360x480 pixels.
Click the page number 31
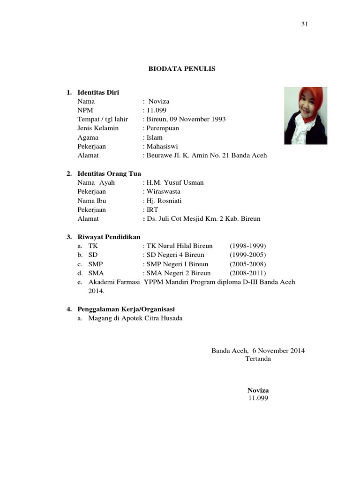click(304, 25)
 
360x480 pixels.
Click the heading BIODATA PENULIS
click(182, 69)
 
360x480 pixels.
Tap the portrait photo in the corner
click(306, 115)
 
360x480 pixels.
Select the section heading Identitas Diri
click(98, 92)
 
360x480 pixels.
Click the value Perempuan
click(162, 128)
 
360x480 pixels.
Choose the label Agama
click(88, 137)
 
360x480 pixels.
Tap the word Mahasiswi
click(162, 146)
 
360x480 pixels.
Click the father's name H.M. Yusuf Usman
click(174, 182)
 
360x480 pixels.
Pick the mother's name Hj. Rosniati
click(164, 201)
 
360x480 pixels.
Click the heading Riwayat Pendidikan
click(109, 237)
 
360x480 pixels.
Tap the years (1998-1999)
click(247, 246)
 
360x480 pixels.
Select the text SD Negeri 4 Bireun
click(175, 255)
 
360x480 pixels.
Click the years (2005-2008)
click(247, 264)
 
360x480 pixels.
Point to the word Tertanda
click(258, 359)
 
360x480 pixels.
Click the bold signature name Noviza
click(258, 390)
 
